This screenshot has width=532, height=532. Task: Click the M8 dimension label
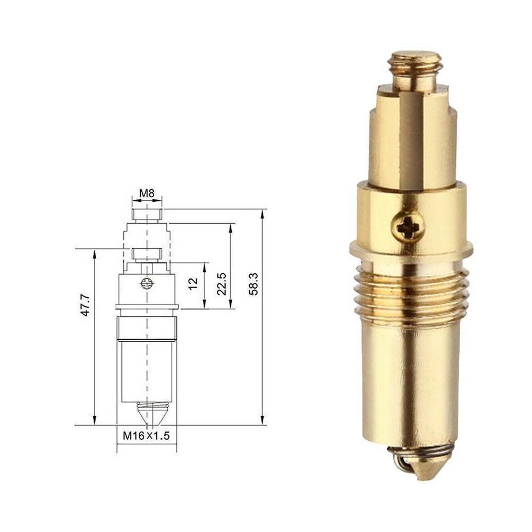coord(147,193)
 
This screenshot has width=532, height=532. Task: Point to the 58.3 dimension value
coord(254,284)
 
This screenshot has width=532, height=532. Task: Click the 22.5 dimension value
coord(222,284)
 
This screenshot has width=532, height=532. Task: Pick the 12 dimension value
coord(193,283)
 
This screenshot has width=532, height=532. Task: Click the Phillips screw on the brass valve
coord(408,229)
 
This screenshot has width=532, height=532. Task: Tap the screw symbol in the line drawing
coord(147,283)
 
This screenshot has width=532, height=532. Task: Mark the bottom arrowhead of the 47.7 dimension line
coord(95,422)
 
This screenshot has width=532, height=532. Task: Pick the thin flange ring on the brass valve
coord(411,248)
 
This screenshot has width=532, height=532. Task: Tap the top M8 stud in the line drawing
coord(147,215)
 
